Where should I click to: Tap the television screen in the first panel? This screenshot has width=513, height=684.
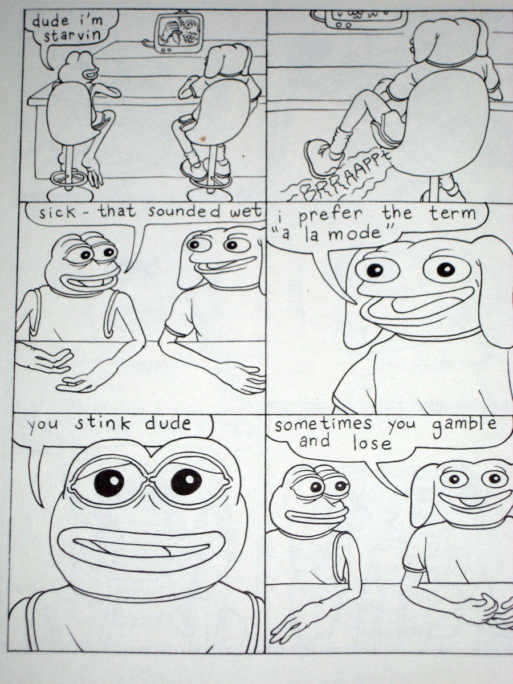181,31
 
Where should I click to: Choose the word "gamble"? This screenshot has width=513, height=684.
465,425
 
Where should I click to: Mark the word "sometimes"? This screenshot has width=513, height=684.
323,425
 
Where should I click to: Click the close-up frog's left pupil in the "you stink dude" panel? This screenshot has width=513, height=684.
108,483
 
